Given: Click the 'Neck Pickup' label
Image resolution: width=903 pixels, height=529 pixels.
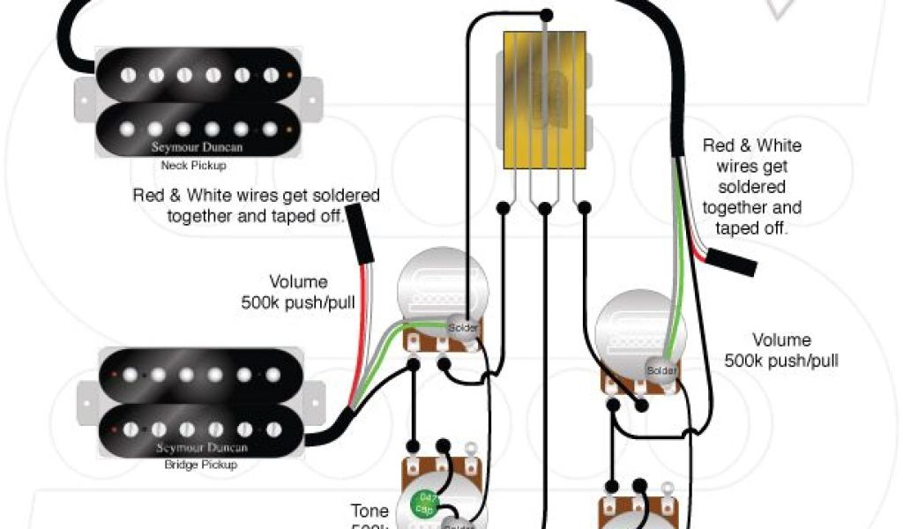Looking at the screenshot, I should click(x=193, y=166).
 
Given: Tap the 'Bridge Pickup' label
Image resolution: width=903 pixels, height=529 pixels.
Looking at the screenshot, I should click(x=200, y=465).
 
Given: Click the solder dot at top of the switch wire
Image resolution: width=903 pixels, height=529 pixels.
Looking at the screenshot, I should click(x=547, y=15).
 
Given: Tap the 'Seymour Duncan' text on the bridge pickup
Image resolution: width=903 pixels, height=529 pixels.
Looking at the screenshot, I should click(x=201, y=448).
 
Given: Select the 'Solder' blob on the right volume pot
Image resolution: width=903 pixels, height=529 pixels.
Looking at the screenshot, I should click(x=661, y=370).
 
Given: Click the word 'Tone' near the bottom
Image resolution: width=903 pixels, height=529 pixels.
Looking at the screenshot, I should click(x=369, y=510).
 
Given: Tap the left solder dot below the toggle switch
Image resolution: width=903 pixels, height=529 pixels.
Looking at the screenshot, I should click(x=502, y=208).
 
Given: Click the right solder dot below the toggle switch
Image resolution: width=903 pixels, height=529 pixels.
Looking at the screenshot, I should click(x=586, y=208).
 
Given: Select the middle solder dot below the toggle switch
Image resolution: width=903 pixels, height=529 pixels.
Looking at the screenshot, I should click(x=544, y=208).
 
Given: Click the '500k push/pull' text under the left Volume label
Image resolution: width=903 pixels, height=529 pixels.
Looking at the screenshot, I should click(x=285, y=302).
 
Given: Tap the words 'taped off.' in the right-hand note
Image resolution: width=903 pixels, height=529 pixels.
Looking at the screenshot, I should click(x=752, y=227).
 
